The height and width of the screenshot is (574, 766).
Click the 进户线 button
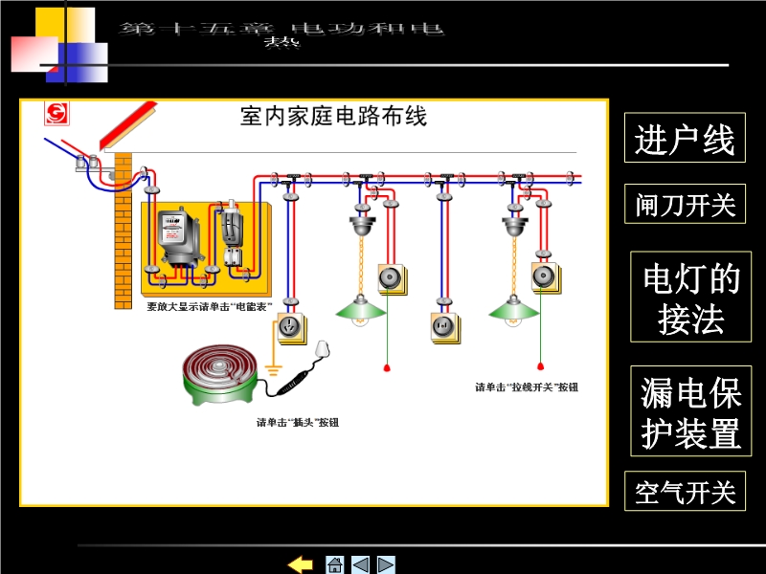(x=685, y=141)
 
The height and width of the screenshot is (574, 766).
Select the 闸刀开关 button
(x=685, y=204)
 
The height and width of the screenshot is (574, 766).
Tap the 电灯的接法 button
(x=690, y=298)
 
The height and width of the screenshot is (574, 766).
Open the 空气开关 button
(x=685, y=492)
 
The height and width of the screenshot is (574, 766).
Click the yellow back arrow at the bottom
(x=301, y=563)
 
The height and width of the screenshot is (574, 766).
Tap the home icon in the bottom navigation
(x=334, y=563)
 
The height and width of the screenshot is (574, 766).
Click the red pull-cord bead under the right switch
(x=540, y=364)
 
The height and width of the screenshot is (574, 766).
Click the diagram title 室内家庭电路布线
(x=333, y=118)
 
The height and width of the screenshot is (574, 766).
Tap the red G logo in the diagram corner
(x=56, y=115)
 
